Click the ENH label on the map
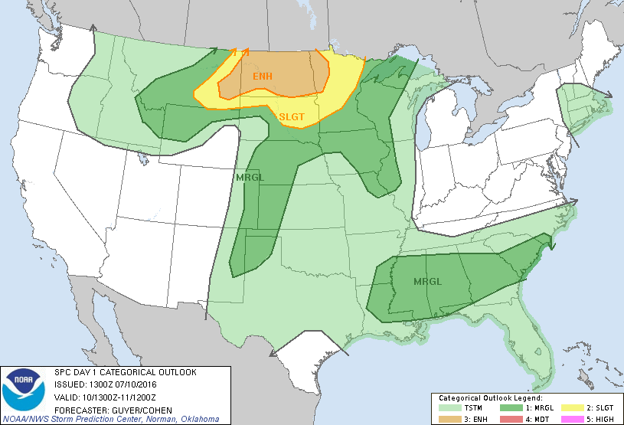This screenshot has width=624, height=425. (x=262, y=77)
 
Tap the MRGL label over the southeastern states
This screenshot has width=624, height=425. (x=427, y=281)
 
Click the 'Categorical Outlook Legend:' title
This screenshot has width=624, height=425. (x=490, y=398)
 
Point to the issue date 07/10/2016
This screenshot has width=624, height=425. (x=136, y=384)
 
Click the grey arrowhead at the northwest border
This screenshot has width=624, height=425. (x=93, y=28)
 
